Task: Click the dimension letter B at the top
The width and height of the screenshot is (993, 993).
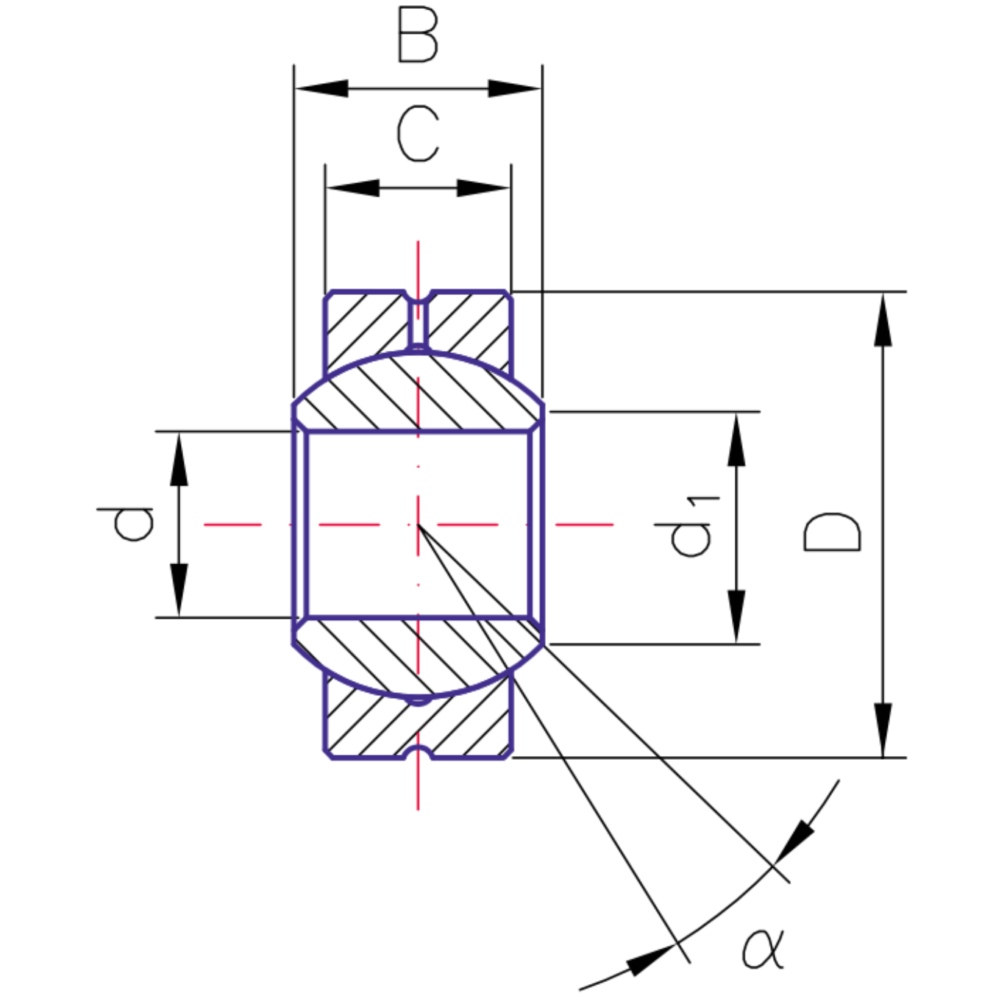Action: (417, 35)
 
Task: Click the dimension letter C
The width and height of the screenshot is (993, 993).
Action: (418, 133)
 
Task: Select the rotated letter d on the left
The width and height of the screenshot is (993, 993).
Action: (126, 524)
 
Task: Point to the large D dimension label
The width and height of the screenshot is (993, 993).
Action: (832, 531)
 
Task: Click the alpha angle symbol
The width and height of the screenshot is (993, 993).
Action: (763, 949)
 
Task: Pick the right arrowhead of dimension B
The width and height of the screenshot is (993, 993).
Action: (515, 89)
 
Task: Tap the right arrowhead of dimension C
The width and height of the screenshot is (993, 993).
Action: (483, 188)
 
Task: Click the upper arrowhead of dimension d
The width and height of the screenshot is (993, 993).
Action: (179, 459)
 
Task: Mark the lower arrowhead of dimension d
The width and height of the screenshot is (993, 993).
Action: (179, 589)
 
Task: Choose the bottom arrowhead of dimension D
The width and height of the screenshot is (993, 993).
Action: (883, 729)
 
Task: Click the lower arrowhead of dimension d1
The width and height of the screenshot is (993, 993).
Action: (736, 616)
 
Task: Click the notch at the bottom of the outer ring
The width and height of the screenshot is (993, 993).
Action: (418, 752)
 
